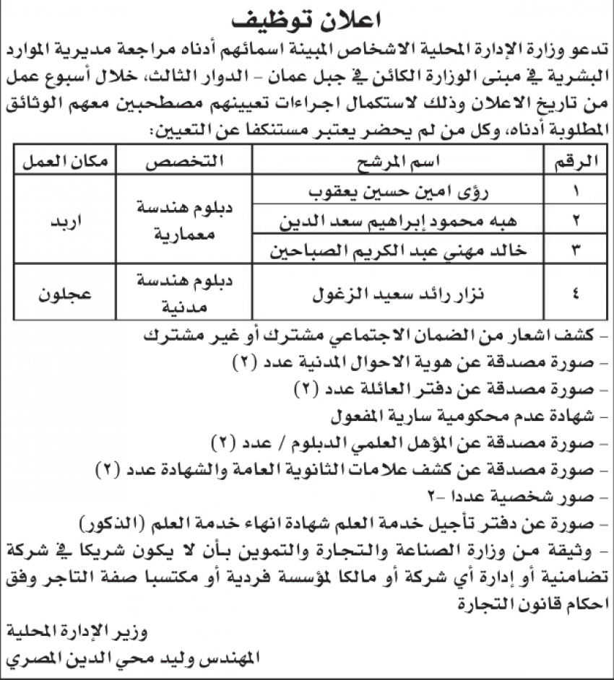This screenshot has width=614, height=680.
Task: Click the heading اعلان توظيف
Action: tap(307, 19)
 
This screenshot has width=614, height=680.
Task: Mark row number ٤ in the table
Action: tap(575, 295)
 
